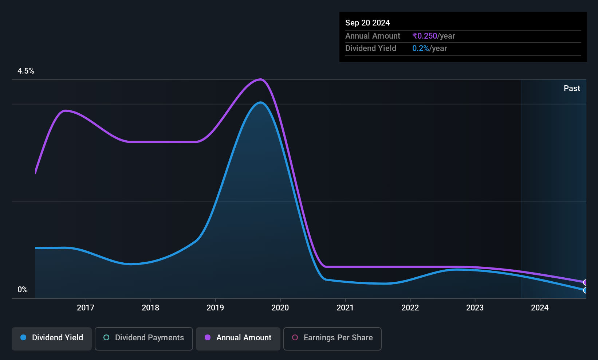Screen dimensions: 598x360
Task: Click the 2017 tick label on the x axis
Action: pyautogui.click(x=86, y=308)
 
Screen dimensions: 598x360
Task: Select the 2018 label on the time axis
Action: pyautogui.click(x=150, y=308)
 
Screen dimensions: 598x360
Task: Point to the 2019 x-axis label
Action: pyautogui.click(x=215, y=308)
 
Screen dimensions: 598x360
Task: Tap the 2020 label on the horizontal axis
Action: pyautogui.click(x=280, y=308)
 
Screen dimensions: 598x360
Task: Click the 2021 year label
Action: pyautogui.click(x=345, y=308)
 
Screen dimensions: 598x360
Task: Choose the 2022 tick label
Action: pyautogui.click(x=410, y=308)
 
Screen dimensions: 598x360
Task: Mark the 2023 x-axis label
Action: pyautogui.click(x=475, y=308)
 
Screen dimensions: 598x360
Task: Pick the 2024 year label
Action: pyautogui.click(x=540, y=308)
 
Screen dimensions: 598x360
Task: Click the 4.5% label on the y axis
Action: pyautogui.click(x=26, y=71)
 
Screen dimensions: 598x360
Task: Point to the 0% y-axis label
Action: pyautogui.click(x=23, y=290)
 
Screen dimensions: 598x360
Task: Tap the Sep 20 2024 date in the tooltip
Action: pyautogui.click(x=367, y=23)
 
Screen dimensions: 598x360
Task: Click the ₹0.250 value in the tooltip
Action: pyautogui.click(x=425, y=36)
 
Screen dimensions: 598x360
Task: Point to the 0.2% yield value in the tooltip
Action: pyautogui.click(x=421, y=48)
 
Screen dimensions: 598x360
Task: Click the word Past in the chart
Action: pyautogui.click(x=572, y=89)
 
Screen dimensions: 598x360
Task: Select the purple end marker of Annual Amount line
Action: pyautogui.click(x=585, y=282)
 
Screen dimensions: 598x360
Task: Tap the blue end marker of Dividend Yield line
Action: pyautogui.click(x=585, y=290)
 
